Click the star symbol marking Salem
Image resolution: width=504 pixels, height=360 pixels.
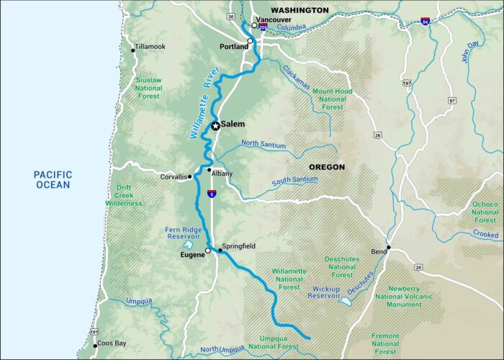[x=215, y=125]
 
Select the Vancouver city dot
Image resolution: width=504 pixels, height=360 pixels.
[x=254, y=25]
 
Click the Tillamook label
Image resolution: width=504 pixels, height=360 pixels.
[x=150, y=47]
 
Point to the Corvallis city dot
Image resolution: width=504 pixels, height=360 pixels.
[x=190, y=176]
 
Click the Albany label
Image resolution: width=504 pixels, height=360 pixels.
[x=222, y=173]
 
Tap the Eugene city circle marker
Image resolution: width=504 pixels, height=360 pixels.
[x=208, y=251]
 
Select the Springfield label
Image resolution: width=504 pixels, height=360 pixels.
[x=240, y=246]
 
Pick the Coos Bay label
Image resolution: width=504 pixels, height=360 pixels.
[x=112, y=343]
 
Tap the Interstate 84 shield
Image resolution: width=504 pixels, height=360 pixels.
[x=425, y=22]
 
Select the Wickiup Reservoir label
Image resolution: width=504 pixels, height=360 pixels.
[x=323, y=291]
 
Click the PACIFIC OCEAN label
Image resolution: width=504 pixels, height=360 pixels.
[x=54, y=179]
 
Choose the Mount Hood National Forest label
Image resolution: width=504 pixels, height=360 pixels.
[x=332, y=99]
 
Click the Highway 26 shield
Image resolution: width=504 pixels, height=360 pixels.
[x=377, y=133]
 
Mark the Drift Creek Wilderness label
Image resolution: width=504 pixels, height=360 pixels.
[x=123, y=195]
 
